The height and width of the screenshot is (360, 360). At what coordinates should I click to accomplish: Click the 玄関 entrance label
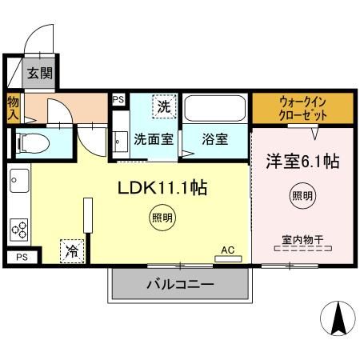pyautogui.click(x=40, y=73)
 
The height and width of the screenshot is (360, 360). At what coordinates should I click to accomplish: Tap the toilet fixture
pyautogui.click(x=33, y=143)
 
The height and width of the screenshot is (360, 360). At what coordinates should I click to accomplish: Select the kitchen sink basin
pyautogui.click(x=19, y=181)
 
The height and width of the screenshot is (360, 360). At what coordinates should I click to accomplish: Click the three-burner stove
pyautogui.click(x=19, y=230)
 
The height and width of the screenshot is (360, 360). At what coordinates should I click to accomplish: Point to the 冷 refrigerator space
pyautogui.click(x=72, y=251)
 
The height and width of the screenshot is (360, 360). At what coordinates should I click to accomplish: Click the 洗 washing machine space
pyautogui.click(x=164, y=106)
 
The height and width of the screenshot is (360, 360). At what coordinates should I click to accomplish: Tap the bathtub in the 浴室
pyautogui.click(x=215, y=108)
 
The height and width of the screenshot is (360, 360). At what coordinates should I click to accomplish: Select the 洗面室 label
pyautogui.click(x=154, y=139)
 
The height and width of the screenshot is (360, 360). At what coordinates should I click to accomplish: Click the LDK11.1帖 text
pyautogui.click(x=162, y=187)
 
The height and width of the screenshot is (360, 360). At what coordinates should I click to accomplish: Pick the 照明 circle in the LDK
pyautogui.click(x=162, y=218)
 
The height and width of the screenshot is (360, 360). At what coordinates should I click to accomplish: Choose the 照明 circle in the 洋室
pyautogui.click(x=302, y=196)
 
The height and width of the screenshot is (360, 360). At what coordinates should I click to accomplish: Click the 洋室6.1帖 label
pyautogui.click(x=302, y=162)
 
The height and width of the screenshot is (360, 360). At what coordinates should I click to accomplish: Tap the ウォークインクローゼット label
pyautogui.click(x=302, y=109)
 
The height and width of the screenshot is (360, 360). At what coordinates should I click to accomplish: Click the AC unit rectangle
pyautogui.click(x=228, y=258)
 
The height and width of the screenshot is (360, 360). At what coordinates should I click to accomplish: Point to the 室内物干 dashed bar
pyautogui.click(x=303, y=249)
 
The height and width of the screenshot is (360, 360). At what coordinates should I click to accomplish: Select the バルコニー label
pyautogui.click(x=180, y=284)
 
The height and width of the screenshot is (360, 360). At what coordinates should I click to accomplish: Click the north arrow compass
pyautogui.click(x=338, y=318)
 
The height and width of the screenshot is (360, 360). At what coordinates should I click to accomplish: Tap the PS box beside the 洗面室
pyautogui.click(x=118, y=100)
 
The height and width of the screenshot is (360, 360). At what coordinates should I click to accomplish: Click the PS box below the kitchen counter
pyautogui.click(x=22, y=257)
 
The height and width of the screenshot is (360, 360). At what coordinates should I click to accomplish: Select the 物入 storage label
pyautogui.click(x=13, y=109)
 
